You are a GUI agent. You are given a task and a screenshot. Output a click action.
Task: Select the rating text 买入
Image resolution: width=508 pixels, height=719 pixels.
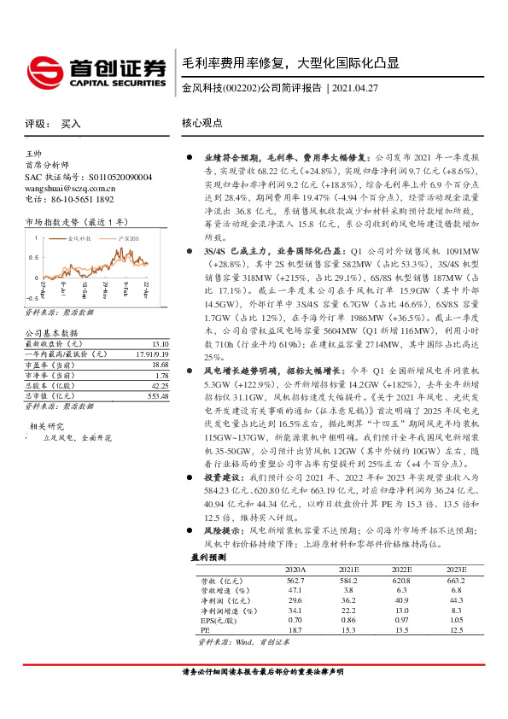click(x=71, y=124)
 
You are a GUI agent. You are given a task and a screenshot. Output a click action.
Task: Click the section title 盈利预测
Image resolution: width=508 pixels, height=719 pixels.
click(x=208, y=556)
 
